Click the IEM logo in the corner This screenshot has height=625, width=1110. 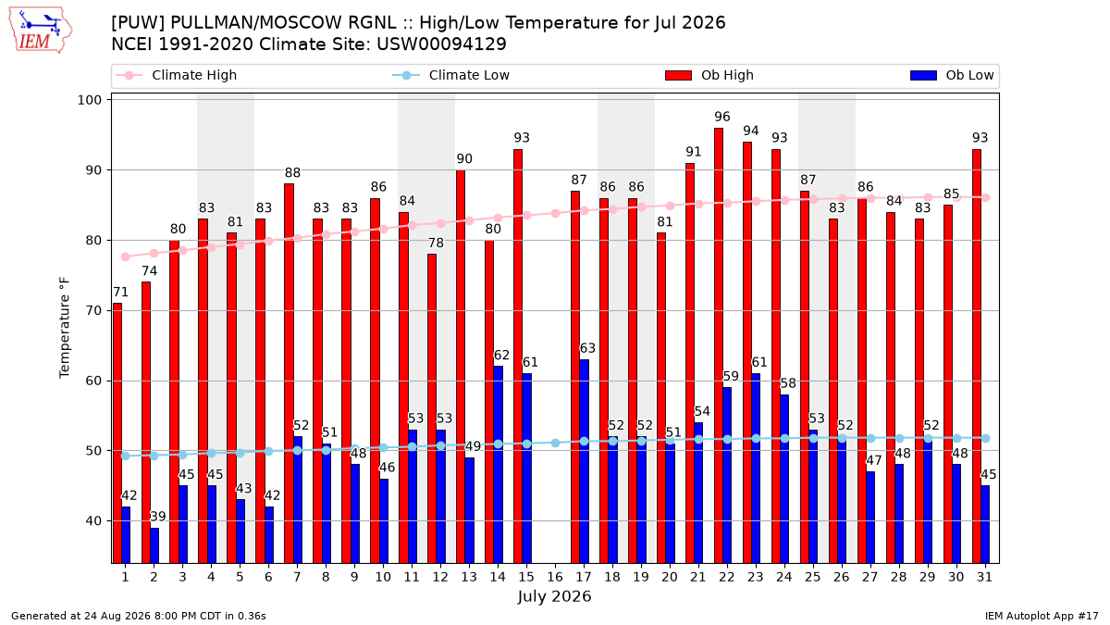[x=40, y=31]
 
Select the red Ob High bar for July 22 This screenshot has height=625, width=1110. [x=719, y=345]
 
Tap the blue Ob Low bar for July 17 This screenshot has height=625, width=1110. [x=585, y=461]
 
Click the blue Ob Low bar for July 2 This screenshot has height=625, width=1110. [x=154, y=545]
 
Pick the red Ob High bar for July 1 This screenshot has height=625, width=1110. [x=117, y=433]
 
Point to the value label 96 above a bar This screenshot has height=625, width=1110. [x=722, y=117]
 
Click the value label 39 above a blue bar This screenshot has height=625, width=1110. [x=158, y=517]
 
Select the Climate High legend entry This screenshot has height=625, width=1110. [x=177, y=75]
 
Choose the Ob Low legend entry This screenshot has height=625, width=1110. [x=952, y=75]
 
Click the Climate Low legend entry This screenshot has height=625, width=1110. [x=451, y=75]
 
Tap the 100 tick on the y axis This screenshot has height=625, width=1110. [x=89, y=100]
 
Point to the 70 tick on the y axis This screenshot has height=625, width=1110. [x=93, y=311]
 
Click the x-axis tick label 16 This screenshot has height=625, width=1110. [x=555, y=577]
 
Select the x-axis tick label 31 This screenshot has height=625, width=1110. [x=984, y=577]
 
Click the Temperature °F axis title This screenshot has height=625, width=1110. [x=65, y=328]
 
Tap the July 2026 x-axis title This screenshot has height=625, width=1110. [x=554, y=596]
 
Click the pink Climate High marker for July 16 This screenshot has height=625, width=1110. [x=556, y=213]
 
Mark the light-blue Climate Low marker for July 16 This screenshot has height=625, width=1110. [x=556, y=443]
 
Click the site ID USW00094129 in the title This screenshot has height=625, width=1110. [x=441, y=44]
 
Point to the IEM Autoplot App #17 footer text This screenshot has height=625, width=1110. [x=1042, y=616]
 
